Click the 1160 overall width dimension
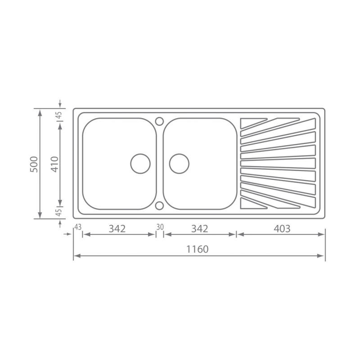click(x=197, y=249)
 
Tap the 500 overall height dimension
click(x=34, y=164)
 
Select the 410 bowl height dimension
click(x=55, y=164)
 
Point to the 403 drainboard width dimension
click(x=282, y=229)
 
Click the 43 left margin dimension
click(x=78, y=227)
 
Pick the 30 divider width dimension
click(x=160, y=227)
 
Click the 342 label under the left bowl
click(x=117, y=229)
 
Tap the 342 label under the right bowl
click(x=199, y=229)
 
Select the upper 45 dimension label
click(x=59, y=115)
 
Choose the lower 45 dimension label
click(x=59, y=212)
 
